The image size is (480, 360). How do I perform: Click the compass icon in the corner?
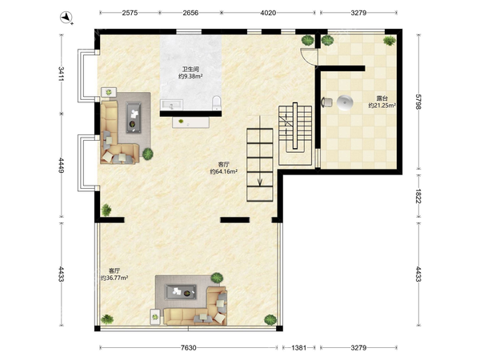click(66, 17)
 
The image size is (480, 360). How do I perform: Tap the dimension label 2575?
click(130, 13)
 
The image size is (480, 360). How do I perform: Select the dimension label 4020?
click(268, 13)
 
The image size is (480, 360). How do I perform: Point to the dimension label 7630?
click(188, 348)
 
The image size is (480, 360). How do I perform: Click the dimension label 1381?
click(298, 348)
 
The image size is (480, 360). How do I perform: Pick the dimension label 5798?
click(418, 102)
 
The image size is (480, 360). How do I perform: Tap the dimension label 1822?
click(418, 196)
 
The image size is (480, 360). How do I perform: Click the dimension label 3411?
click(62, 74)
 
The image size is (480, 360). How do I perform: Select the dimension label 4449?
click(62, 166)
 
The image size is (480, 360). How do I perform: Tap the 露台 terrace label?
click(382, 98)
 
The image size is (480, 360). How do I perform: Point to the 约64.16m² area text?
click(224, 172)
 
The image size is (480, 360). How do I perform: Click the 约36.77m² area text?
click(114, 278)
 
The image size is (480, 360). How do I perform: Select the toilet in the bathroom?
click(217, 102)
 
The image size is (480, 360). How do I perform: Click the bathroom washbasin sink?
click(171, 105)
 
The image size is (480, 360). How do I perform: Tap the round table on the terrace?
click(345, 102)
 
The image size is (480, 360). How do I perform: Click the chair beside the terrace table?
click(326, 102)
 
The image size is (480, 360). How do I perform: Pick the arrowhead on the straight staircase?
click(259, 182)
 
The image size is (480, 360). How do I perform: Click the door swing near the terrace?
click(309, 57)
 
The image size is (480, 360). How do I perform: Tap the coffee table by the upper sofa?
click(134, 118)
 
